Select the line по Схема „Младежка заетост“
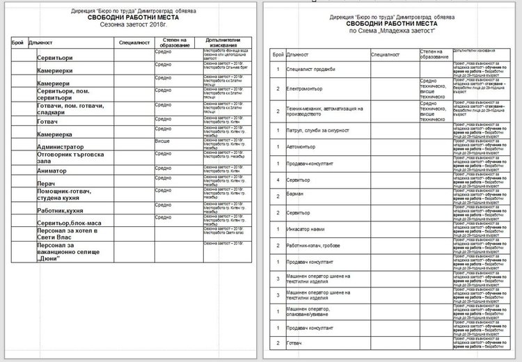[x=391, y=31]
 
